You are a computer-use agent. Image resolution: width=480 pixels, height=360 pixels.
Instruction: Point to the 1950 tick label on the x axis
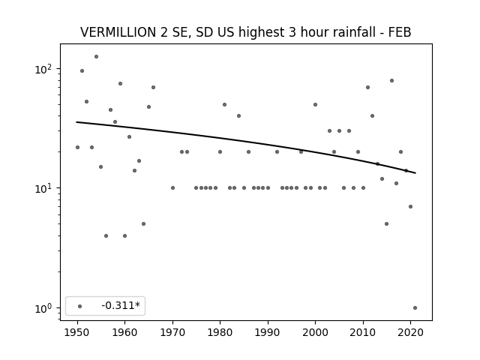tap(77, 332)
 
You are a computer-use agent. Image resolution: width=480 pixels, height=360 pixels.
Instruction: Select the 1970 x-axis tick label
tap(172, 332)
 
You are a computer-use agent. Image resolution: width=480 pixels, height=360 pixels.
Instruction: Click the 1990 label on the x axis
tap(268, 332)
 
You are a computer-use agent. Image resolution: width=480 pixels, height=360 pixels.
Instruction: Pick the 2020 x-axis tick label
tap(410, 332)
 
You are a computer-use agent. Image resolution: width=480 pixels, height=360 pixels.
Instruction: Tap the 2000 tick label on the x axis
tap(315, 332)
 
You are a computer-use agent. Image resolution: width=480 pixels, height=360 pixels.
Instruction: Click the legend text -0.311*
tap(121, 305)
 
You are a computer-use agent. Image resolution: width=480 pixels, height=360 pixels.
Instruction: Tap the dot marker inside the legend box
tap(80, 306)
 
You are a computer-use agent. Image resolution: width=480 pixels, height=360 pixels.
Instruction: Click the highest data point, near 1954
tap(96, 57)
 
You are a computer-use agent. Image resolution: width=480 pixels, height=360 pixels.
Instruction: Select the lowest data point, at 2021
tap(415, 308)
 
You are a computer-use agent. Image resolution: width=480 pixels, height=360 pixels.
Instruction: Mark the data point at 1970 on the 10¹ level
tap(172, 188)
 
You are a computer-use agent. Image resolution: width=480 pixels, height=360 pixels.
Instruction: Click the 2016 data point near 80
tap(391, 80)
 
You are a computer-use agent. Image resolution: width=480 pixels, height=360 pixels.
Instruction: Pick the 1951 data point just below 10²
tap(82, 71)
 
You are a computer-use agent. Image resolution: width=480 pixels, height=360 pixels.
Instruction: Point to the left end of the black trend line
tap(76, 122)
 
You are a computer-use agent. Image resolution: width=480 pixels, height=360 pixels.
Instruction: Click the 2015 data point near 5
tap(387, 223)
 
